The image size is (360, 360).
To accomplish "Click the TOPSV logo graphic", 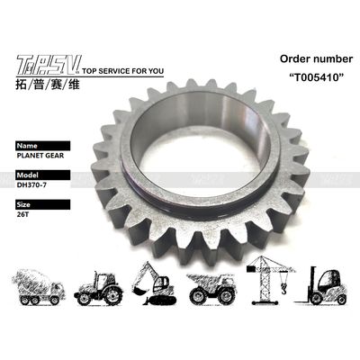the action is (x=49, y=65).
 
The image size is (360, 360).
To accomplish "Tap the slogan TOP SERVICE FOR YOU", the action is (x=122, y=71).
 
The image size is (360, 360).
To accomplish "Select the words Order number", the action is (x=316, y=58).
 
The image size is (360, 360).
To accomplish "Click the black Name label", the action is (x=43, y=146).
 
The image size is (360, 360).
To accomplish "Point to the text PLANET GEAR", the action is (x=40, y=156).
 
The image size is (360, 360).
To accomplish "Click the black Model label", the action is (x=43, y=175).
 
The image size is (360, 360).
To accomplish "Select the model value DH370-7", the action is (x=31, y=184).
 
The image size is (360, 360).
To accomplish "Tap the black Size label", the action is (x=43, y=204).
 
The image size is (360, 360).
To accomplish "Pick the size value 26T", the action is (x=22, y=214).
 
